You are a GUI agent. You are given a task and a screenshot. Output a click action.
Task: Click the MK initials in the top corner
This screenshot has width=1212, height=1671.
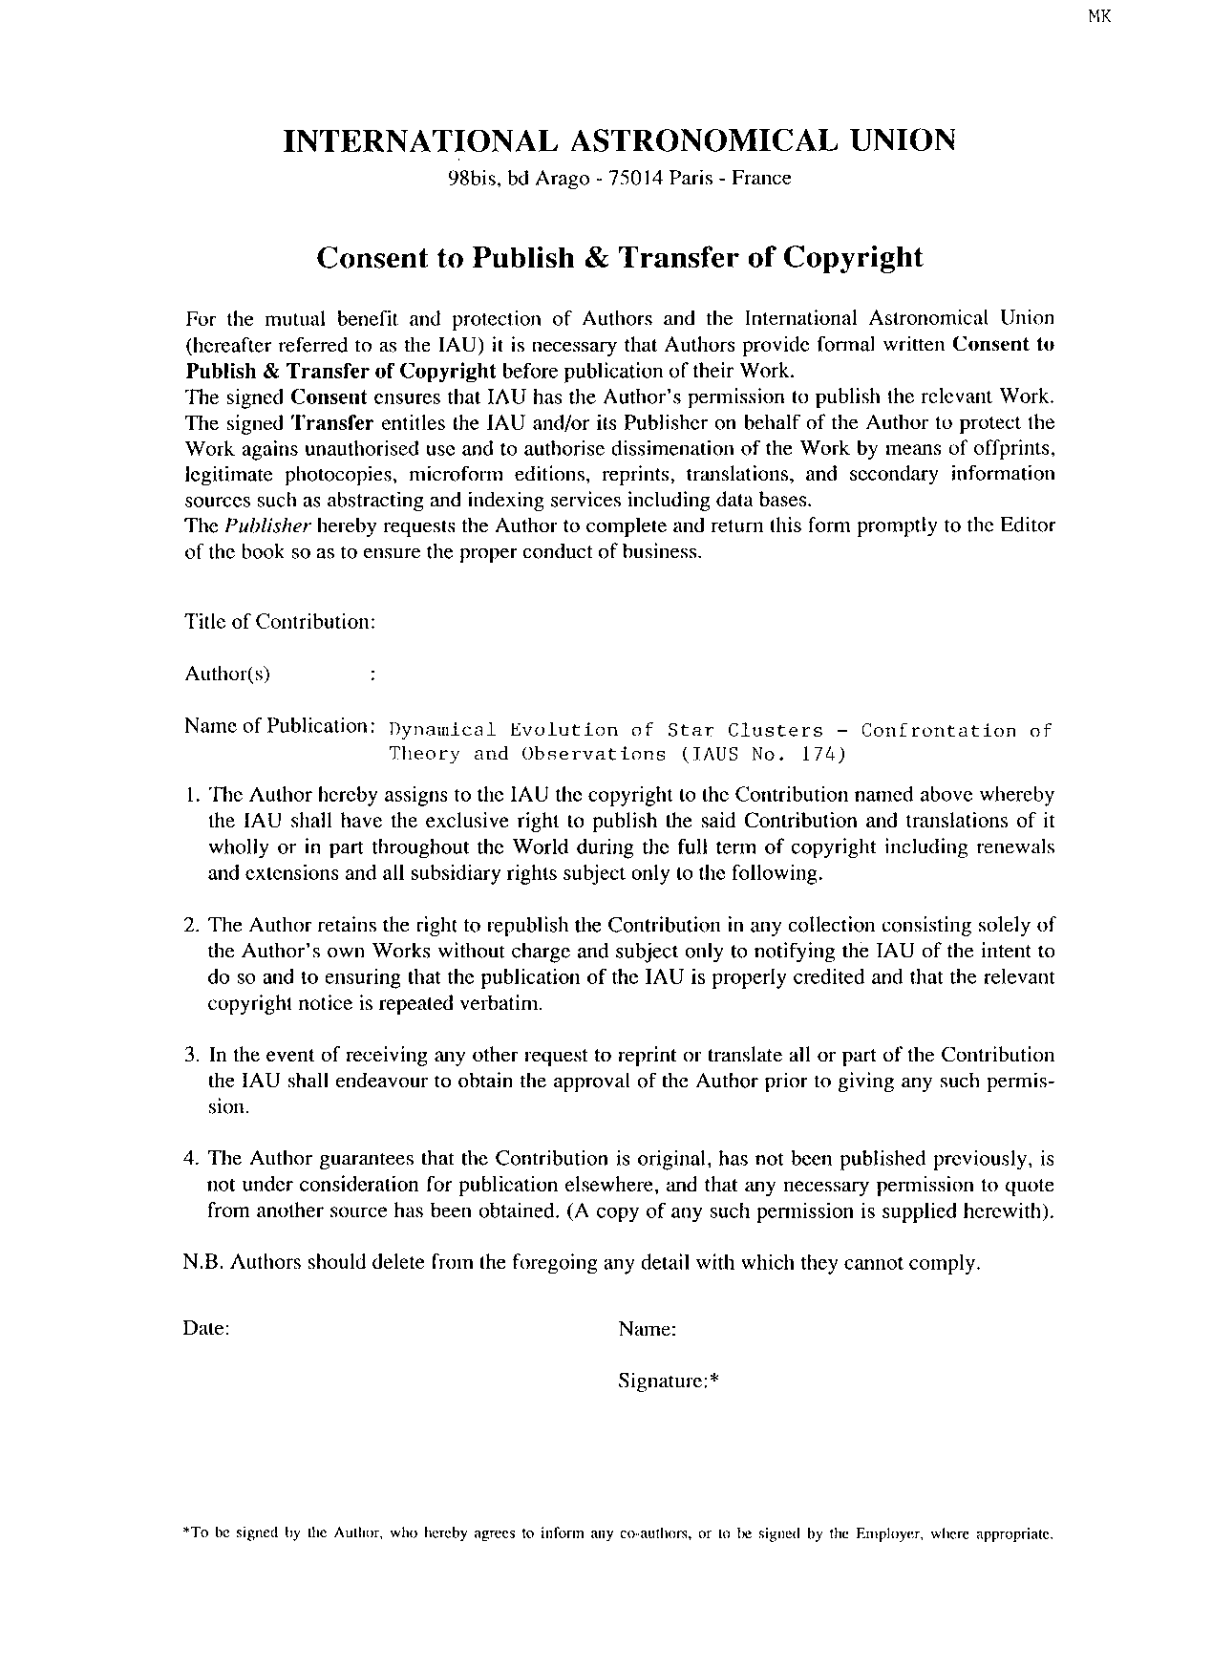point(1099,15)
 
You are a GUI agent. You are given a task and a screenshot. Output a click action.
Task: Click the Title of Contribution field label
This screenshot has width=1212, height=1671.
point(280,622)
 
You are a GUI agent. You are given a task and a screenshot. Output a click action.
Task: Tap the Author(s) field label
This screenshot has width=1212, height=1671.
point(227,675)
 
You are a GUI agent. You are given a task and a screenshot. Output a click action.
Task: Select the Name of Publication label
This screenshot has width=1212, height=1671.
point(278,726)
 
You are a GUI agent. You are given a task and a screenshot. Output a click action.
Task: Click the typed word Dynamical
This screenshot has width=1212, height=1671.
point(443,731)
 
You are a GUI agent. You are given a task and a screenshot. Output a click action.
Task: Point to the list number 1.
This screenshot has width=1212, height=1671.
point(190,795)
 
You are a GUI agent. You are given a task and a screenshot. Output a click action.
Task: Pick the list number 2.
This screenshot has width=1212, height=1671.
point(190,925)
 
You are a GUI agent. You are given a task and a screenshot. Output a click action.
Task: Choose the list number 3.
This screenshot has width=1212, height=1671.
point(190,1055)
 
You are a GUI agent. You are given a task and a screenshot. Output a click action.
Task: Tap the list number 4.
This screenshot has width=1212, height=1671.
point(190,1159)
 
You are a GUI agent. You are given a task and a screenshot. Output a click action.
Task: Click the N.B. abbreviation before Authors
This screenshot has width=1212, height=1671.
point(202,1263)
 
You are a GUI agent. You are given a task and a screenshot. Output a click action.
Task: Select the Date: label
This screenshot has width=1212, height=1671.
point(206,1329)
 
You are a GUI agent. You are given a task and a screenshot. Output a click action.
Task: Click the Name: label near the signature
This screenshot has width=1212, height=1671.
point(648,1329)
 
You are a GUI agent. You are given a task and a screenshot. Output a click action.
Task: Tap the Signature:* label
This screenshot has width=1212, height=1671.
point(668,1381)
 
